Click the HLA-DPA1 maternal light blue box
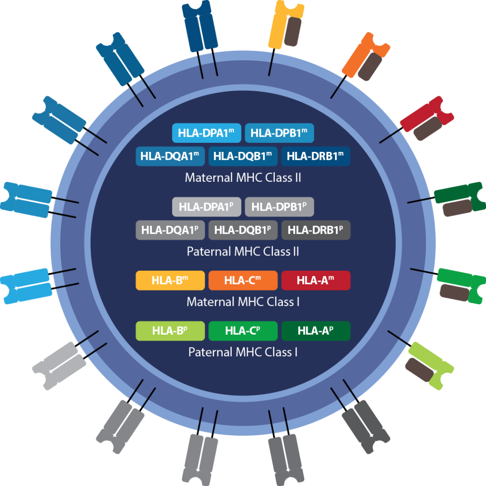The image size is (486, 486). [206, 133]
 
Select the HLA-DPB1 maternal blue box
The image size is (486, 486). [279, 133]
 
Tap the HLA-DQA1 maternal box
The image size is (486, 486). [170, 156]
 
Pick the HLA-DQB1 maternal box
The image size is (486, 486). [243, 156]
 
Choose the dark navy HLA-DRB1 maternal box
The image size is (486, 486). [316, 156]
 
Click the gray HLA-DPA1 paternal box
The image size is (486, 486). [206, 207]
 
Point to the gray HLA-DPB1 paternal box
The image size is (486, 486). [279, 207]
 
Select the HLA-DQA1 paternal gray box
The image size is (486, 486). [170, 230]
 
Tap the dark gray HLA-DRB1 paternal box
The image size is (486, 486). [316, 230]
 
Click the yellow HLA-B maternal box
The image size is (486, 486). [170, 280]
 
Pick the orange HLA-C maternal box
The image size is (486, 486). [243, 280]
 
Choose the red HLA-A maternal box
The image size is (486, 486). [316, 280]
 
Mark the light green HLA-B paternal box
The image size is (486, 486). [170, 331]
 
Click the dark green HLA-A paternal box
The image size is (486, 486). [316, 331]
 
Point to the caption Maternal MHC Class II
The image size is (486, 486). [243, 178]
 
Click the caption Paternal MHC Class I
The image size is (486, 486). [243, 352]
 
